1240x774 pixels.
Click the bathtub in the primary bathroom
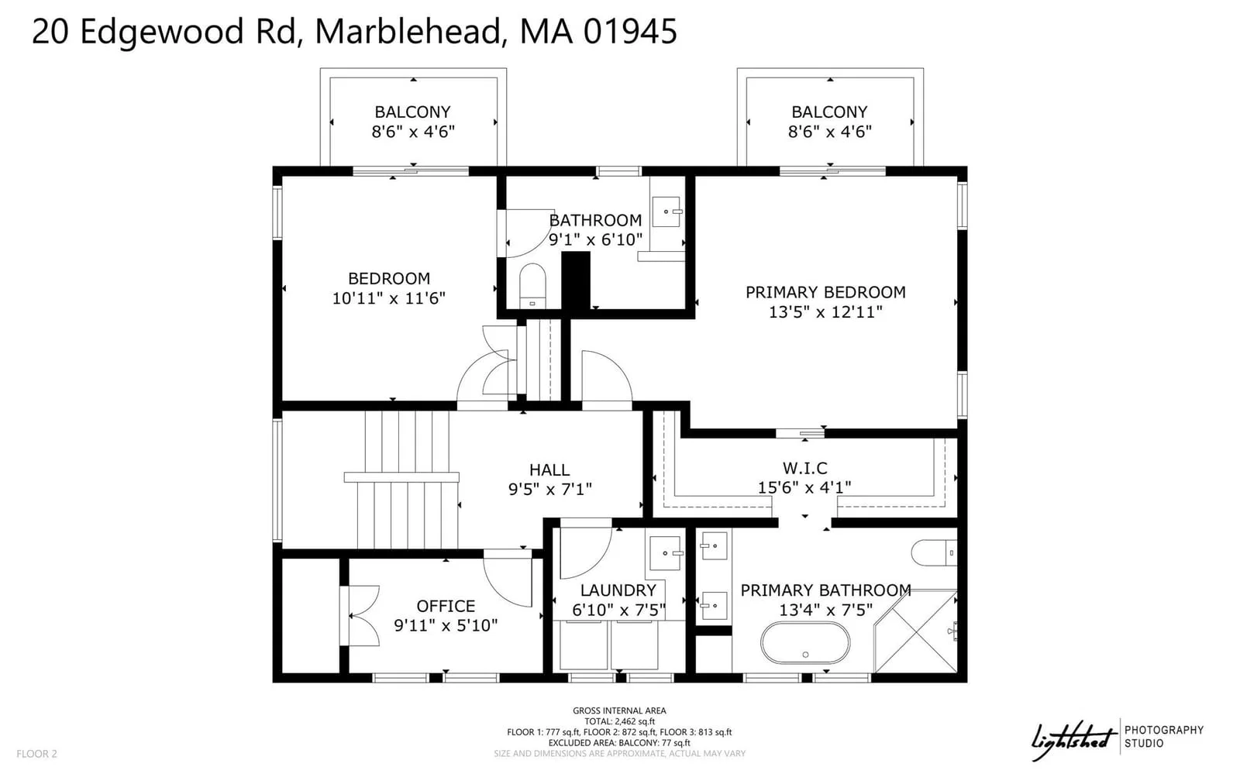click(x=805, y=643)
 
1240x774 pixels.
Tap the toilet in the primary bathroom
click(x=934, y=552)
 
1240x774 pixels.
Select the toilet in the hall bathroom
click(x=532, y=285)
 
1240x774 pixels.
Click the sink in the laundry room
click(x=666, y=552)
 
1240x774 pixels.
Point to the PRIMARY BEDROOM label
click(x=825, y=292)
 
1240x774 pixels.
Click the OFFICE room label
click(x=446, y=607)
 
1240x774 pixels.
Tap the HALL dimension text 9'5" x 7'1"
click(x=549, y=489)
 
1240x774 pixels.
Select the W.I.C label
click(x=805, y=468)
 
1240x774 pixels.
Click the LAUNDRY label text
click(x=618, y=590)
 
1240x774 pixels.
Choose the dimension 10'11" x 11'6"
click(x=388, y=298)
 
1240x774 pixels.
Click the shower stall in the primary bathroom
click(x=915, y=631)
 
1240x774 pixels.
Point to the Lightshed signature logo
click(x=1073, y=741)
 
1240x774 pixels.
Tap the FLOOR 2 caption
click(x=36, y=754)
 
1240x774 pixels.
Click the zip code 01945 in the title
click(x=630, y=31)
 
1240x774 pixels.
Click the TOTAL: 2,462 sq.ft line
click(x=619, y=721)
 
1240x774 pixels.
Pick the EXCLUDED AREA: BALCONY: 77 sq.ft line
click(x=619, y=743)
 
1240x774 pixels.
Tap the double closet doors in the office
click(x=360, y=616)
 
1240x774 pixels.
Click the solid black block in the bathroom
click(x=576, y=280)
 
